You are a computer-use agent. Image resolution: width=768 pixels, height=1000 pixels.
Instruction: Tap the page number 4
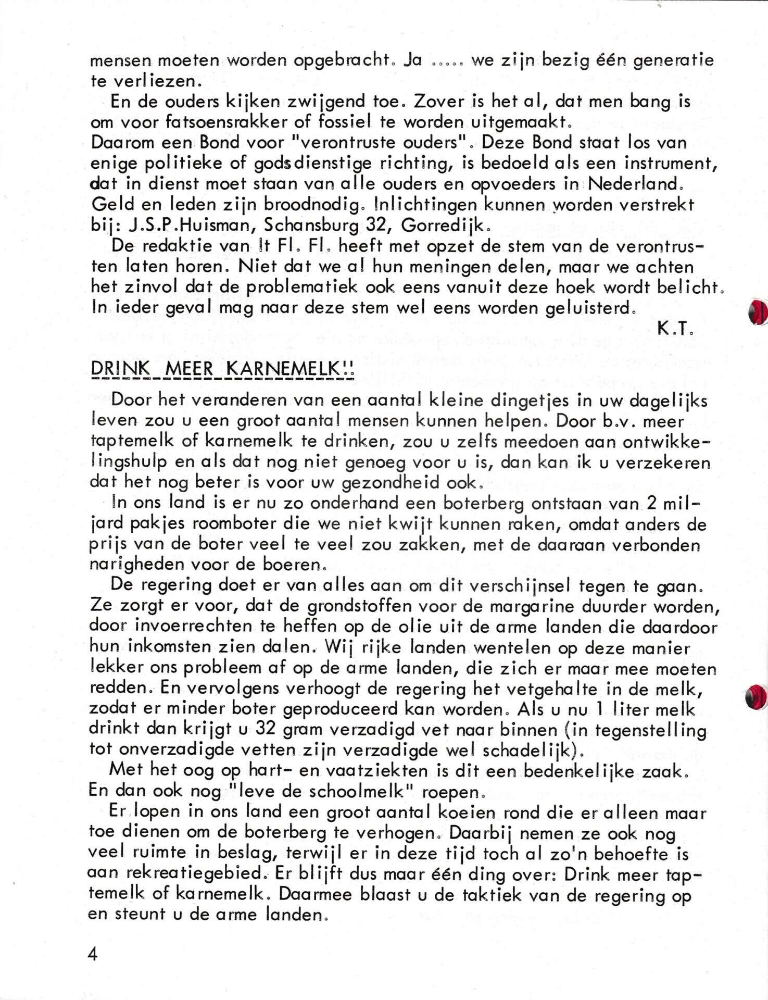93,955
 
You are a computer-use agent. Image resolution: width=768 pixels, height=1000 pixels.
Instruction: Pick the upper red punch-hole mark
756,312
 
